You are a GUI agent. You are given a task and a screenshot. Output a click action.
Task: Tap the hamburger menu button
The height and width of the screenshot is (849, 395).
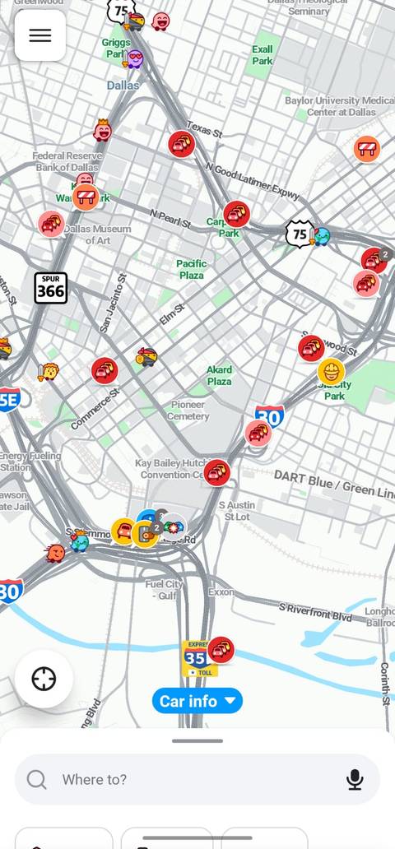tap(39, 35)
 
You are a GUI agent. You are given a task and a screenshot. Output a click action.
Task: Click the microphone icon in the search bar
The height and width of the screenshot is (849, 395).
tap(355, 779)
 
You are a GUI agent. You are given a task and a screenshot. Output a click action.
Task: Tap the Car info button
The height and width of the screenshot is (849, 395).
tap(197, 701)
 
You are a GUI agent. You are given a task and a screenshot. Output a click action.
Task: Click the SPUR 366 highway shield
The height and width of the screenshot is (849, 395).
tap(50, 288)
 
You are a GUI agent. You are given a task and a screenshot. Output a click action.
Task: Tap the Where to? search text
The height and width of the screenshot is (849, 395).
tap(95, 779)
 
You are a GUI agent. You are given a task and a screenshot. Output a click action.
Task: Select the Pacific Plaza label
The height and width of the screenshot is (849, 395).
tap(192, 269)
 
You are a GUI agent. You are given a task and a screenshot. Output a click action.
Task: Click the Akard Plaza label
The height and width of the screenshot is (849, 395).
tap(219, 375)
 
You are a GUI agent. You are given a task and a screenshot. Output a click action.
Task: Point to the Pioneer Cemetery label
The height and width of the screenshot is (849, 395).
tap(189, 411)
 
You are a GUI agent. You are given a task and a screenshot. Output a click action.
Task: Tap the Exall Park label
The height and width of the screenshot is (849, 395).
tap(263, 55)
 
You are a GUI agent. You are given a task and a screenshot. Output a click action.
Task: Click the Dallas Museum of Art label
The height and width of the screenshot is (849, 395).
tap(97, 234)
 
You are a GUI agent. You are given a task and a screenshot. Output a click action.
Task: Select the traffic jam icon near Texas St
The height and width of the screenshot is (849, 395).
tap(181, 144)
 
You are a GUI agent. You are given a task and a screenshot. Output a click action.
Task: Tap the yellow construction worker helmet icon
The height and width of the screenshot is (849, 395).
tap(331, 371)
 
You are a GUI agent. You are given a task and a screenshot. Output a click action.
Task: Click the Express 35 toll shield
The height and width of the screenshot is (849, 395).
tap(197, 658)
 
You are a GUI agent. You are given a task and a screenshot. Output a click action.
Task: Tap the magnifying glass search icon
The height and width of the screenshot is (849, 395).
tap(37, 779)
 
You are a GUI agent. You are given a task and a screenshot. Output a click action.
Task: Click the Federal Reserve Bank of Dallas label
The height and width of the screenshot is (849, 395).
tap(67, 161)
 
